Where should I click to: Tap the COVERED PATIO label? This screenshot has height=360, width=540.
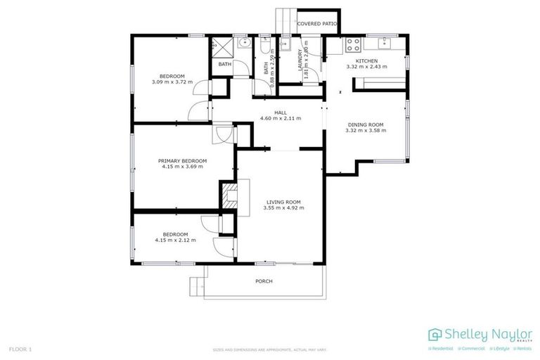[x=316, y=24]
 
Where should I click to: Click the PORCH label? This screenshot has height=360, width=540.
[x=264, y=281]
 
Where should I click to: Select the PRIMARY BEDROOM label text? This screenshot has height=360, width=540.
[x=182, y=161]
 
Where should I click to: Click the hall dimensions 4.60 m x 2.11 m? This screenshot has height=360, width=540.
[x=281, y=118]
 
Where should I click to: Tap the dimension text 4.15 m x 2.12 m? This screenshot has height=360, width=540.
[x=175, y=240]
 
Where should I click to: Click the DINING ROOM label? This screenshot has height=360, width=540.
[x=366, y=124]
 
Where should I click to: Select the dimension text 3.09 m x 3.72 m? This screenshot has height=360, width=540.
[x=172, y=82]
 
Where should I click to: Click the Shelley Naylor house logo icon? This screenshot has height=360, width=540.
[x=435, y=334]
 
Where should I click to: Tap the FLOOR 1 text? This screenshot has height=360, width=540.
[x=20, y=349]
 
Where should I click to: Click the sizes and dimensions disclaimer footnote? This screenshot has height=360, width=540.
[x=269, y=349]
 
